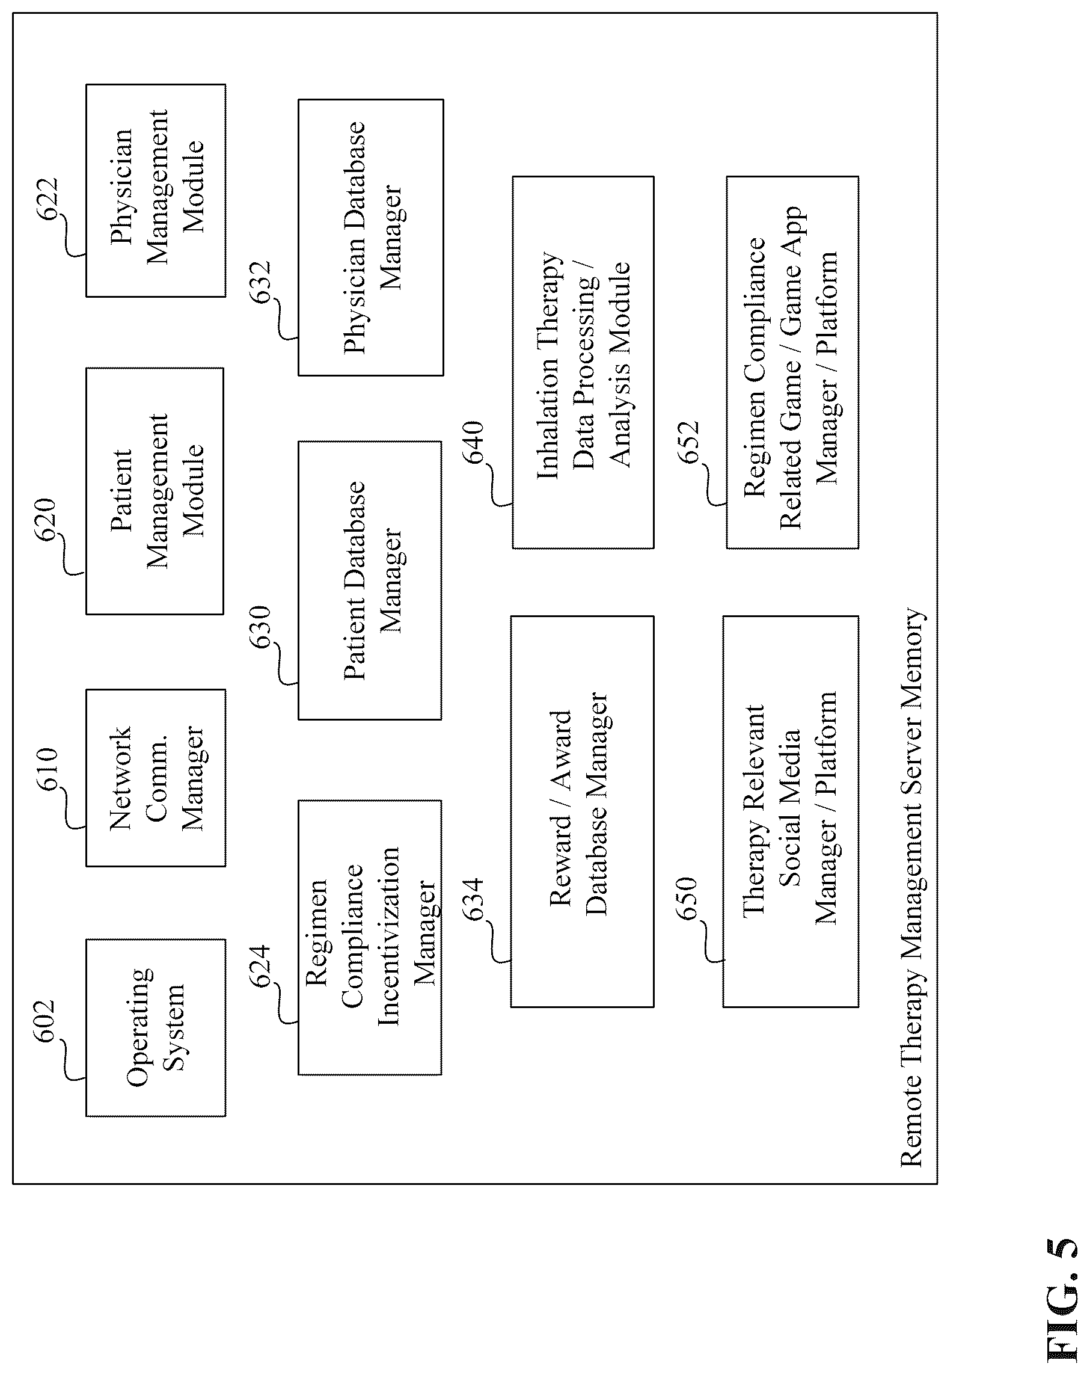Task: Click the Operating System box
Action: pos(156,1027)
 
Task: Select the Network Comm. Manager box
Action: pos(156,778)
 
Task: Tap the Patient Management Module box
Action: pos(155,491)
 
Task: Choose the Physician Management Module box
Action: pos(156,190)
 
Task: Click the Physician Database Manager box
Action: pos(371,237)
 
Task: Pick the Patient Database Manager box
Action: pos(370,580)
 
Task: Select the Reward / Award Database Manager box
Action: pos(582,811)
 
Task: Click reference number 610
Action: pos(46,770)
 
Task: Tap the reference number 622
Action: pos(46,199)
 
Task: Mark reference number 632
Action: pos(260,281)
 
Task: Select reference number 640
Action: pos(473,442)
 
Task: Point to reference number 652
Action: pos(688,442)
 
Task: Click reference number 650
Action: pos(687,899)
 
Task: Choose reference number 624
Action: pos(260,965)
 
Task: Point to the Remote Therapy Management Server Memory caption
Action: pos(911,887)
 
